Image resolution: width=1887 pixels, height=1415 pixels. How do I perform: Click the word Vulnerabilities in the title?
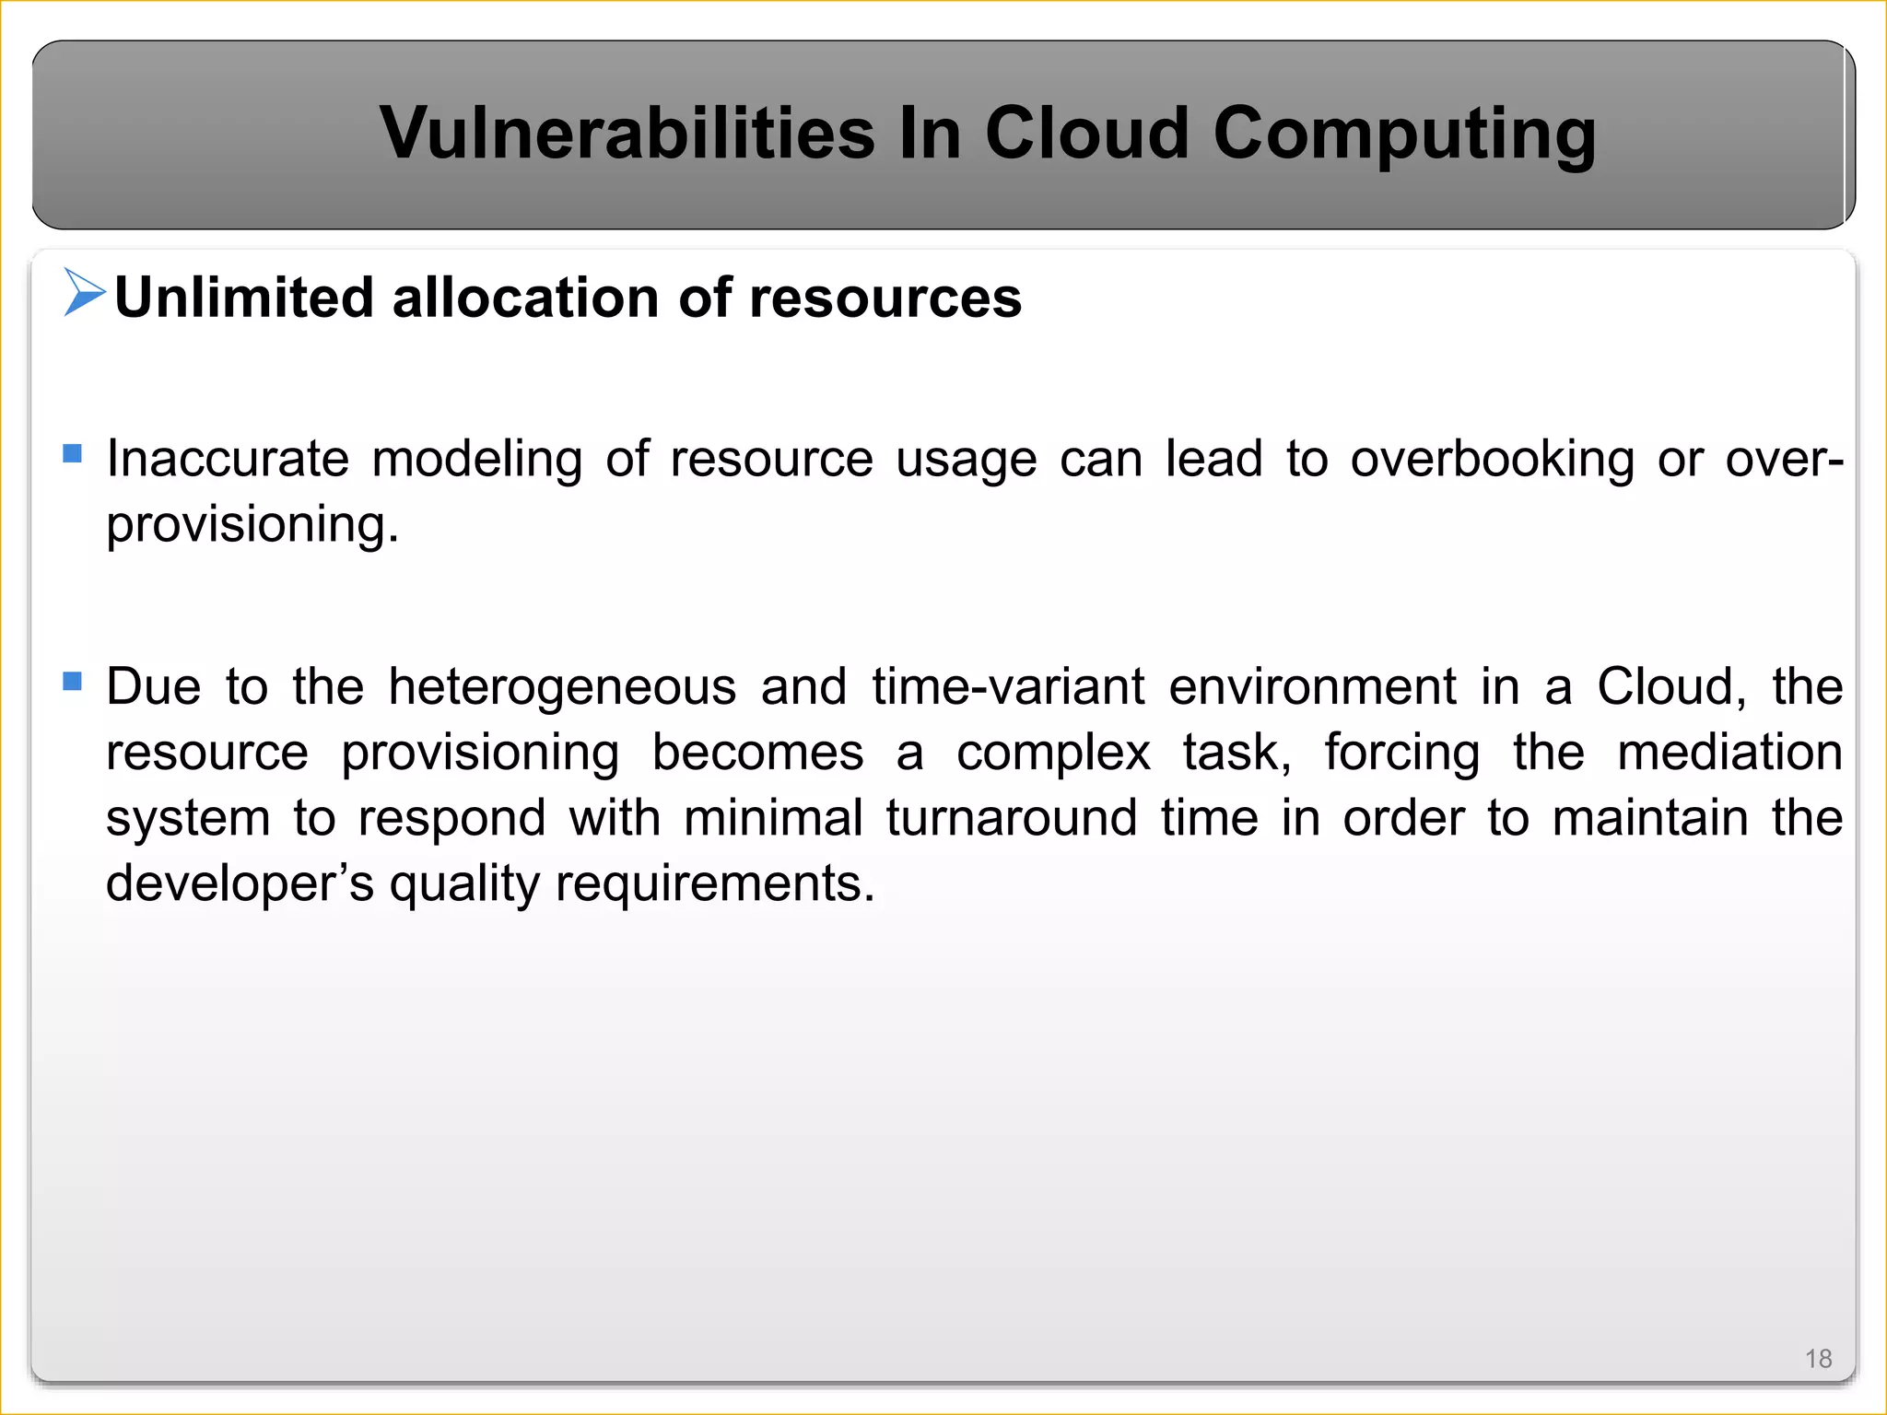coord(627,133)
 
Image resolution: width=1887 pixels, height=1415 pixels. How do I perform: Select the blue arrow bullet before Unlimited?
coord(84,292)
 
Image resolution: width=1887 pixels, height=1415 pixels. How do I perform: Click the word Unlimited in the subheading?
coord(244,298)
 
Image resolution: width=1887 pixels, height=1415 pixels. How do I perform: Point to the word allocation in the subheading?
coord(524,298)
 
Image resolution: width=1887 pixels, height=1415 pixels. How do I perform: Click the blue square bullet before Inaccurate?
coord(73,453)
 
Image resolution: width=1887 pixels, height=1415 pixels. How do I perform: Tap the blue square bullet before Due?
coord(73,681)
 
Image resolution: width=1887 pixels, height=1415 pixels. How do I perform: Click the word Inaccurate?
coord(228,458)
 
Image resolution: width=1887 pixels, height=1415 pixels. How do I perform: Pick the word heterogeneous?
coord(562,686)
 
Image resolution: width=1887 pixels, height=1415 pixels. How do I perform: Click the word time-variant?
coord(1008,686)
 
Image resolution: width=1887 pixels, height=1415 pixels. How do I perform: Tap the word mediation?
coord(1729,752)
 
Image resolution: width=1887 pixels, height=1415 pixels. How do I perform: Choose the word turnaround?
coord(1012,818)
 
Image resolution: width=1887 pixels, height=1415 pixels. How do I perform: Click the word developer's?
coord(240,883)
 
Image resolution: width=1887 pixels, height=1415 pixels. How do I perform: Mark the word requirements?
coord(715,883)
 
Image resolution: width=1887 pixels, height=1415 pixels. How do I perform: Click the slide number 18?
coord(1818,1359)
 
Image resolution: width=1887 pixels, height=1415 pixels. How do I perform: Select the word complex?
coord(1053,752)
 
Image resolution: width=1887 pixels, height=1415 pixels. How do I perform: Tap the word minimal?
coord(773,818)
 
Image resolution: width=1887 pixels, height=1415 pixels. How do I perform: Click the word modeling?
coord(476,458)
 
